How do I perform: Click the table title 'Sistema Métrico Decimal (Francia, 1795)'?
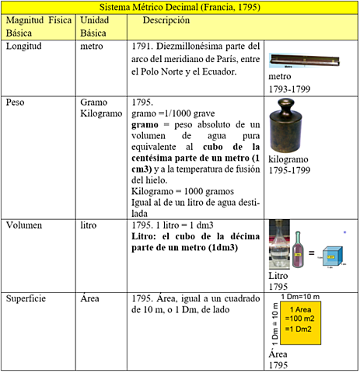pyautogui.click(x=180, y=7)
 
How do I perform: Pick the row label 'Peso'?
pyautogui.click(x=16, y=102)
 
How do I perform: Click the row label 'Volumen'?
pyautogui.click(x=25, y=225)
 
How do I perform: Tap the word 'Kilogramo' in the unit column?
pyautogui.click(x=103, y=113)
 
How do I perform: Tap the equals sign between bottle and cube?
pyautogui.click(x=311, y=253)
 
